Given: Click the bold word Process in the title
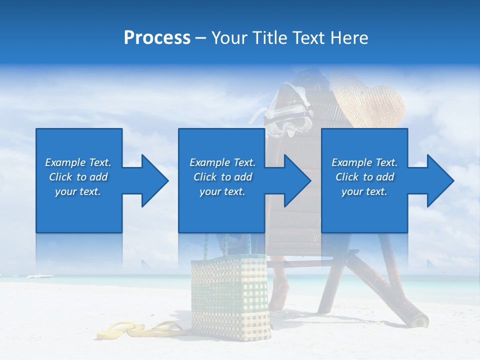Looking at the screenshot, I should (157, 38).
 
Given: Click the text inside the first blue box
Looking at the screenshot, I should (78, 177).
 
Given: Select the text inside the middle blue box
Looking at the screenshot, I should (222, 177).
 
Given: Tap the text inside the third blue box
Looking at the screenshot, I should (364, 177).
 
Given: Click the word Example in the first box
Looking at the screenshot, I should (65, 162).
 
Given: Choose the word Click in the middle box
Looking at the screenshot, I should (205, 177).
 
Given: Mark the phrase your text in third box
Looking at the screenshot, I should (364, 191).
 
